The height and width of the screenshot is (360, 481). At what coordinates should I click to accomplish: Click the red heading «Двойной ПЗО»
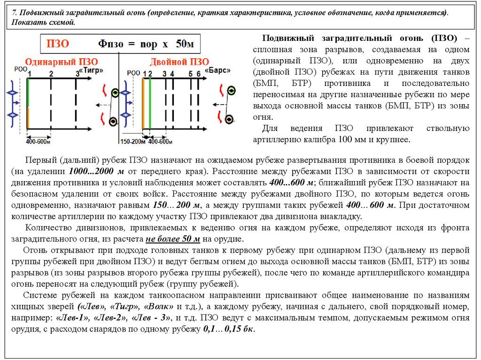[x=179, y=62]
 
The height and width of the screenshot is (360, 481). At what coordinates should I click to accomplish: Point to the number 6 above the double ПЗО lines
[x=199, y=73]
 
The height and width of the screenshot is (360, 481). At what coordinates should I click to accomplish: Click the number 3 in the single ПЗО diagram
[x=78, y=73]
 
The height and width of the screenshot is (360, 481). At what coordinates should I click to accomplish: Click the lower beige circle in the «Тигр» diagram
[x=113, y=122]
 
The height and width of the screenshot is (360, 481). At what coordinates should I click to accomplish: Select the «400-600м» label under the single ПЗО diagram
[x=39, y=141]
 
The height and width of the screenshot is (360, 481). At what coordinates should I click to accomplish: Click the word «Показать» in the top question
[x=26, y=23]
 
